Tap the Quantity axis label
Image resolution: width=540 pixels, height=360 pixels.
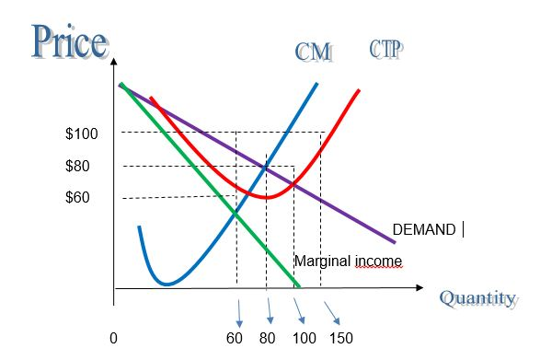(x=477, y=298)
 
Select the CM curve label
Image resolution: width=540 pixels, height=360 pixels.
(x=313, y=52)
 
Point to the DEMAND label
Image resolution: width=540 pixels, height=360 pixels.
(x=423, y=230)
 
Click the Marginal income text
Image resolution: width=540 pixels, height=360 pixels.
(x=348, y=261)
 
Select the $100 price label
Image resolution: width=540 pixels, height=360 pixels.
(x=82, y=134)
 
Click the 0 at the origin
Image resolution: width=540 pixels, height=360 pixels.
(x=112, y=339)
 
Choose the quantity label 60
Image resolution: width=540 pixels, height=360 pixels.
(x=235, y=339)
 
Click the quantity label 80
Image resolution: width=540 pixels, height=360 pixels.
(x=269, y=339)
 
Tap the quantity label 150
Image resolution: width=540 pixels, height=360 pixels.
(x=340, y=339)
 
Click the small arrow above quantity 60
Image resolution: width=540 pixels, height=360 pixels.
(x=238, y=314)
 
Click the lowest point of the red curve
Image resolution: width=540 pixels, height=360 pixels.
(x=266, y=197)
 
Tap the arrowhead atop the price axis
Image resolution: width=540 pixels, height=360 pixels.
(x=114, y=64)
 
